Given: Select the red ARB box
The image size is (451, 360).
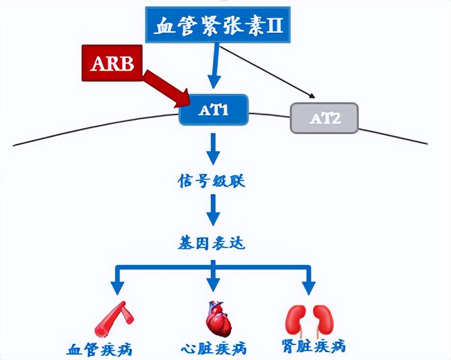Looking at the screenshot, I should click(x=112, y=63).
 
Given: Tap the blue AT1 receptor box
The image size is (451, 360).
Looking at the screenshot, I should click(x=214, y=110).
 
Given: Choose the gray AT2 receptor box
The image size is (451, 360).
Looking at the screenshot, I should click(x=324, y=118).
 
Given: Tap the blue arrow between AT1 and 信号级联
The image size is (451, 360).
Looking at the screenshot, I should click(x=213, y=148).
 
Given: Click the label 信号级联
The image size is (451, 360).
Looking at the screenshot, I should click(x=212, y=181).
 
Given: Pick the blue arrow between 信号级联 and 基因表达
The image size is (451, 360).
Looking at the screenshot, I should click(x=213, y=210).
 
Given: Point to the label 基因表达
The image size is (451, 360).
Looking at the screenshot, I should click(x=211, y=243).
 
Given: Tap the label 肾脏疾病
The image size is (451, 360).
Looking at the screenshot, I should click(x=314, y=346).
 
